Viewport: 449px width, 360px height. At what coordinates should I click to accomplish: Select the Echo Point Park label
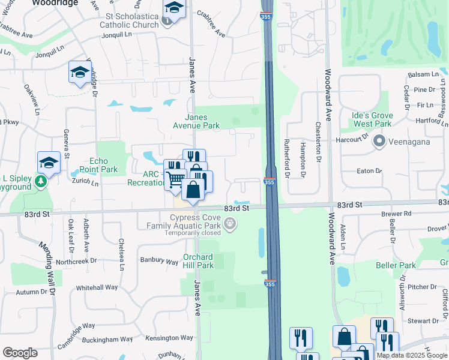tap(103, 165)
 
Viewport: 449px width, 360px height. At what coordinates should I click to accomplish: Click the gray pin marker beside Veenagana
tap(379, 142)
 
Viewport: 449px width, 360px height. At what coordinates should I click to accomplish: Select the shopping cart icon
tap(175, 179)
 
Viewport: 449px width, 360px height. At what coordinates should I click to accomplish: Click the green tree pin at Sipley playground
tap(41, 182)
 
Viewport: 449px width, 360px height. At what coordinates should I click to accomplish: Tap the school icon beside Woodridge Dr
tap(80, 73)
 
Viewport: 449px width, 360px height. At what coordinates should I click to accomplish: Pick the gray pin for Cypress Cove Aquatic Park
tap(229, 224)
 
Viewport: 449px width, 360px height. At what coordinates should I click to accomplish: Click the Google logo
tap(20, 353)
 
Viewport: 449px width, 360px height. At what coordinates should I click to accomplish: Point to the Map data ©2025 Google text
tap(412, 355)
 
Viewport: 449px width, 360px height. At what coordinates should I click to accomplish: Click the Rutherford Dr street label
tap(287, 159)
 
